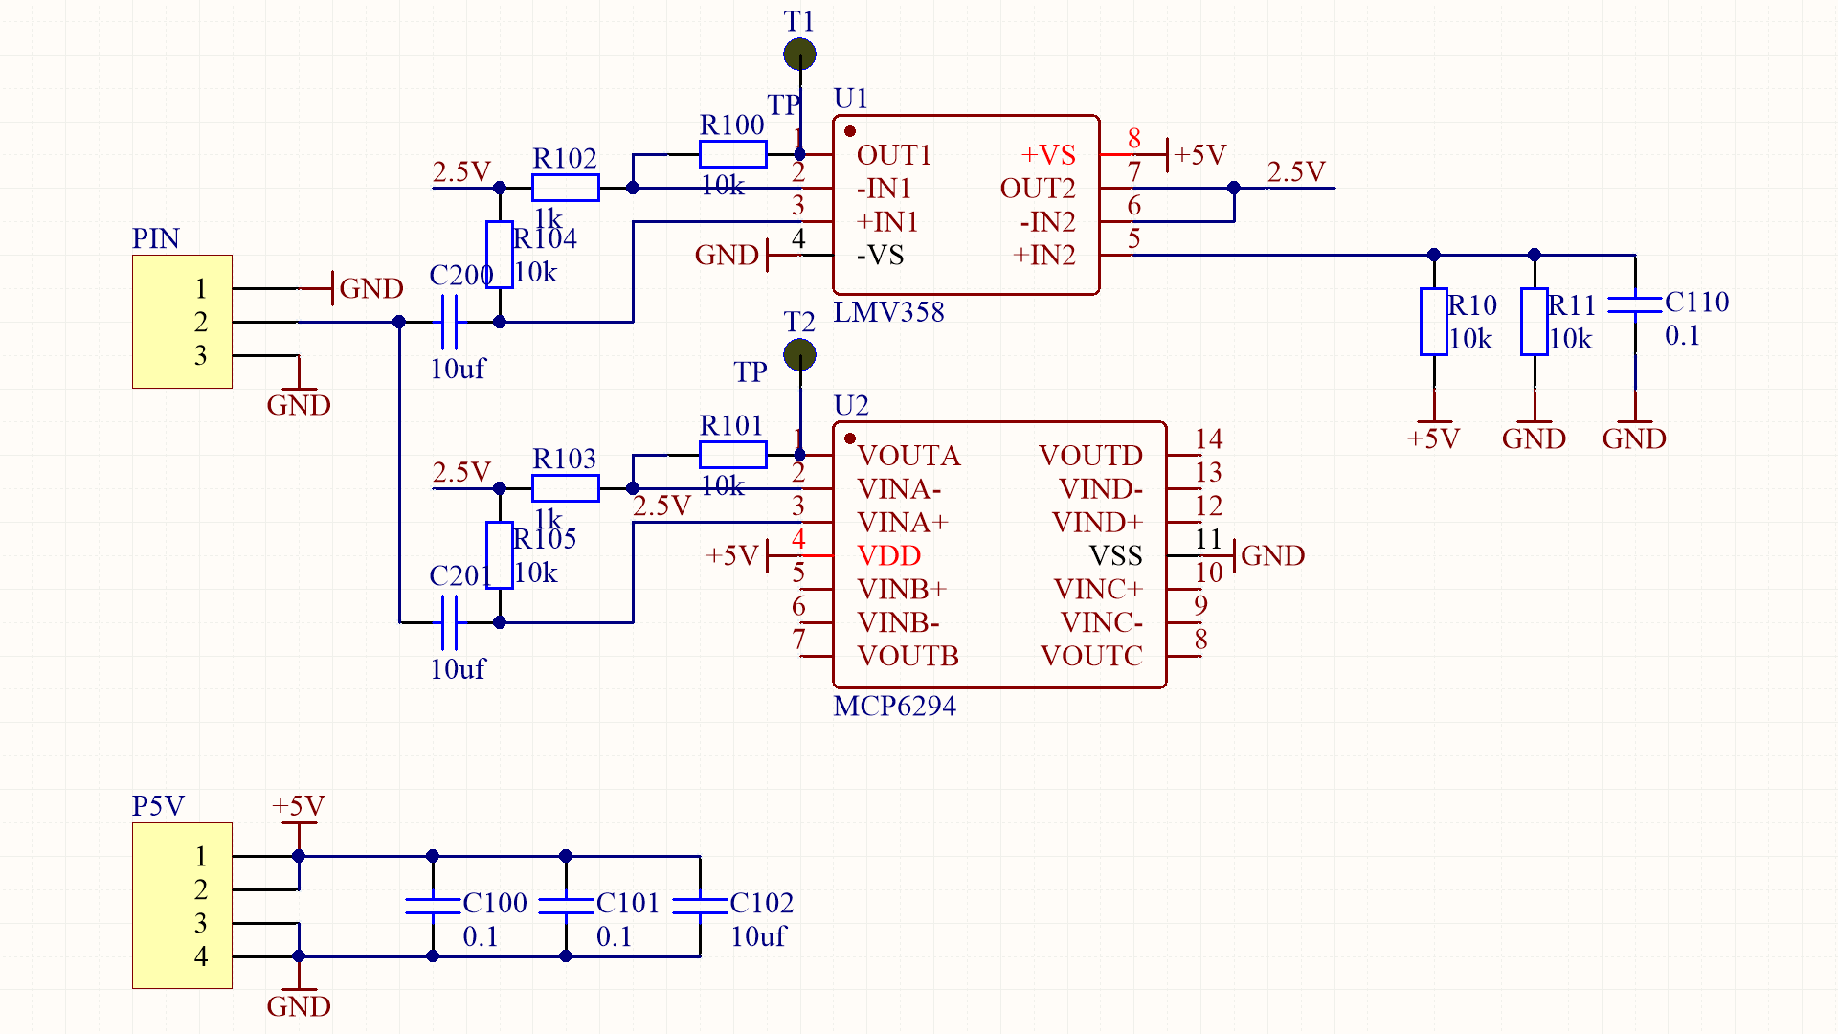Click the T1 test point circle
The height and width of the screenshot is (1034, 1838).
[799, 55]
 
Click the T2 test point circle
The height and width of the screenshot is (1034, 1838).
[799, 355]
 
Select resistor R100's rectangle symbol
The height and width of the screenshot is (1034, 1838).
[732, 154]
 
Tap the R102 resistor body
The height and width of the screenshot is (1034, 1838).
[565, 188]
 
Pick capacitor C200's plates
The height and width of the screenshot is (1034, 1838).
[449, 322]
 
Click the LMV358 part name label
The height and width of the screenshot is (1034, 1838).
[888, 312]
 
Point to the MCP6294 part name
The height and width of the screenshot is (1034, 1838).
[894, 707]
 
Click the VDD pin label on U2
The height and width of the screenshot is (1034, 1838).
[888, 555]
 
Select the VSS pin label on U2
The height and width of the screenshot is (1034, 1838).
[1115, 555]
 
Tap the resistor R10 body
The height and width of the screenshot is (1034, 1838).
[1433, 322]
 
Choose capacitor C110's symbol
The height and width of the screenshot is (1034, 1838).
[1634, 304]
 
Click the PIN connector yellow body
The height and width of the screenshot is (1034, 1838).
[182, 322]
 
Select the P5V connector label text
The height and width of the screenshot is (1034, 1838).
[158, 806]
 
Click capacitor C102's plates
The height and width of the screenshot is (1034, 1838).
[700, 905]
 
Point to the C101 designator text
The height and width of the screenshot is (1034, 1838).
[627, 903]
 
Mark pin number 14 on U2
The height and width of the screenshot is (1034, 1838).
[1208, 438]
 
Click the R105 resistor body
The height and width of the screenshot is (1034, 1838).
[499, 555]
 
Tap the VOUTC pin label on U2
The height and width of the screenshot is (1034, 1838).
[1091, 656]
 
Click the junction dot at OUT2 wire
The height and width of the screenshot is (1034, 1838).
[1234, 188]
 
